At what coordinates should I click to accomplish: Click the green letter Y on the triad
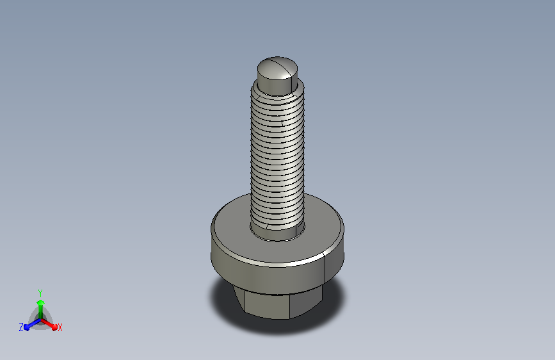[x=40, y=293]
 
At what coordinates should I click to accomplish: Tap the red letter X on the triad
[x=60, y=327]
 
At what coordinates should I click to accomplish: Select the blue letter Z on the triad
[x=21, y=327]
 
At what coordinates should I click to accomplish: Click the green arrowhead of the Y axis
[x=40, y=302]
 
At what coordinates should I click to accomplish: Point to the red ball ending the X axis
[x=54, y=327]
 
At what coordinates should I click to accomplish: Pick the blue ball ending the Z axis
[x=27, y=327]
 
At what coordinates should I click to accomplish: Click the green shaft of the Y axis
[x=40, y=312]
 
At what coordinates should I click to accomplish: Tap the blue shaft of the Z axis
[x=35, y=323]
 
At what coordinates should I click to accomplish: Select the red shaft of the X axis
[x=47, y=323]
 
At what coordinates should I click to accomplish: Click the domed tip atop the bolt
[x=277, y=69]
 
